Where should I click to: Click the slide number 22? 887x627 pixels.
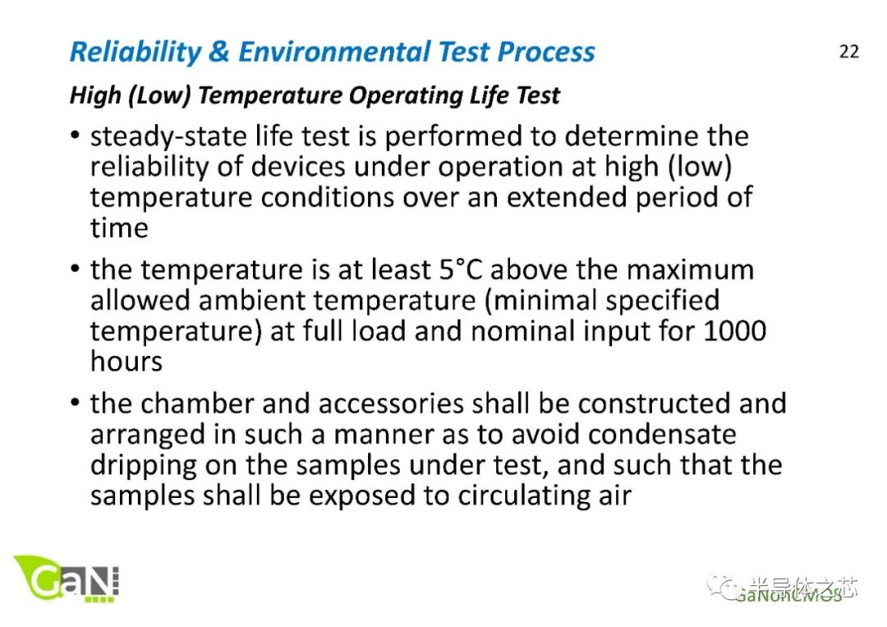tap(848, 51)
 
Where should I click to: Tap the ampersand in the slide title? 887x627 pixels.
tap(220, 52)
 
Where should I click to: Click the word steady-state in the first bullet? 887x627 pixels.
tap(170, 136)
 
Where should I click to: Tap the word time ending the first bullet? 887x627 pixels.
tap(119, 228)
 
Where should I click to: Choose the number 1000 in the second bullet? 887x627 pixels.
tap(734, 330)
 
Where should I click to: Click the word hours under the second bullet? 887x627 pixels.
tap(126, 361)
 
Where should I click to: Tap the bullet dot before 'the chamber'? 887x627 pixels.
tap(76, 404)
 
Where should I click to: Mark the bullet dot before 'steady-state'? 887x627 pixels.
tap(76, 137)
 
